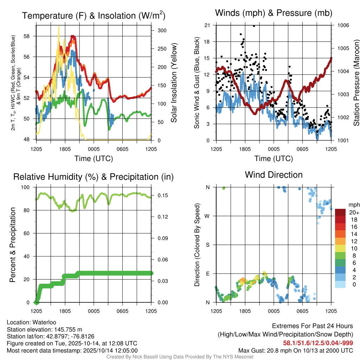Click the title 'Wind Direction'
pos(274,175)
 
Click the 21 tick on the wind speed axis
pos(207,25)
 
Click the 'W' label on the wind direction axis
pos(207,216)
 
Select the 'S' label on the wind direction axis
pos(208,245)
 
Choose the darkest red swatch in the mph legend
pos(340,212)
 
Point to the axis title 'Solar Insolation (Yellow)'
pos(174,83)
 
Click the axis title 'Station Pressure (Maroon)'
pos(356,83)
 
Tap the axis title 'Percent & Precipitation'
pos(13,245)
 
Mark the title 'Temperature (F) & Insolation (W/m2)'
pos(94,16)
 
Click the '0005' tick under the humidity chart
pos(94,311)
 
